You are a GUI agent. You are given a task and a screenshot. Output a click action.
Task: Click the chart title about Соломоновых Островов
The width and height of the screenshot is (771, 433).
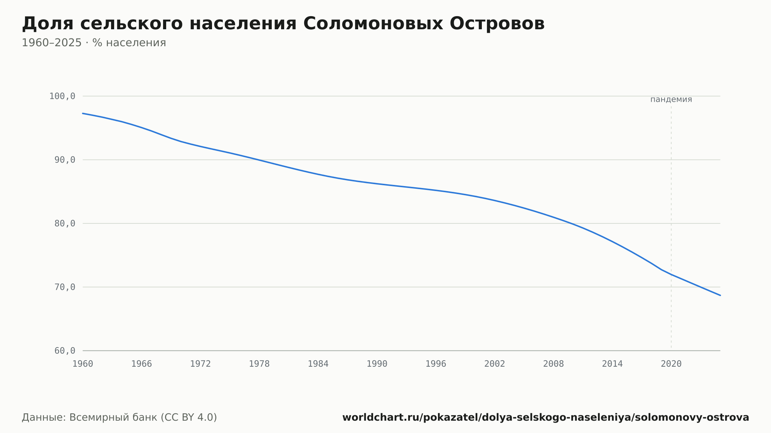tap(283, 23)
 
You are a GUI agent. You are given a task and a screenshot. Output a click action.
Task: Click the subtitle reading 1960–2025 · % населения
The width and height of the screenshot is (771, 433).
tap(94, 43)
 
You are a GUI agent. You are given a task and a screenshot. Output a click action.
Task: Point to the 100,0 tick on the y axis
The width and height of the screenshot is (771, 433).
tap(62, 96)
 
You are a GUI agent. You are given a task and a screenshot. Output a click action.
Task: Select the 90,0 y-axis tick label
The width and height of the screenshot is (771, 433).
tap(65, 160)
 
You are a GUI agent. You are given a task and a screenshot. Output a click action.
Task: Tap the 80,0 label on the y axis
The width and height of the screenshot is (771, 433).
tap(65, 223)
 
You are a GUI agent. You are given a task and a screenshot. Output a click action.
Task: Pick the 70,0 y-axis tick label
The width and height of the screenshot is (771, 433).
tap(65, 287)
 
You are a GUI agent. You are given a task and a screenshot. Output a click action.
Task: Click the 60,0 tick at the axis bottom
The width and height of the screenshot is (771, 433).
tap(65, 351)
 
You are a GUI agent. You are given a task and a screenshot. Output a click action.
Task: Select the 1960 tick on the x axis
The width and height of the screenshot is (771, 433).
tap(83, 364)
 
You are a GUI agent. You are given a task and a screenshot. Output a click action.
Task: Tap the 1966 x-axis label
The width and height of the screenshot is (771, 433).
tap(141, 364)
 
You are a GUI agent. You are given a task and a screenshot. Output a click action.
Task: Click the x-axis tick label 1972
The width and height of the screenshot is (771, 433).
tap(200, 364)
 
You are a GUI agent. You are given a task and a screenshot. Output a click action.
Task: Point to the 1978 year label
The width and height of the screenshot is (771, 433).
tap(259, 364)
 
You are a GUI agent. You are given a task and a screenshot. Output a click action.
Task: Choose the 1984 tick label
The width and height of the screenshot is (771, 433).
tap(318, 364)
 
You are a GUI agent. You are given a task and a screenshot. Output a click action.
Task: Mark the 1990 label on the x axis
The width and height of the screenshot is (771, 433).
tap(377, 364)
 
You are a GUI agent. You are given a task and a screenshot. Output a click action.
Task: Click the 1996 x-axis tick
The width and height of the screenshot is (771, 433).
tap(436, 364)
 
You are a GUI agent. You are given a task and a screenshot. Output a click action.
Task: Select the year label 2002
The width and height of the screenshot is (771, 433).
tap(495, 364)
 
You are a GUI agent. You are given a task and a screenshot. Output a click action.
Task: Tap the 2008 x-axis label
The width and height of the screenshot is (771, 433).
tap(554, 364)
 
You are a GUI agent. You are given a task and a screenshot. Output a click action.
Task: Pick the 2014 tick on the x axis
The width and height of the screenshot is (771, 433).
tap(613, 364)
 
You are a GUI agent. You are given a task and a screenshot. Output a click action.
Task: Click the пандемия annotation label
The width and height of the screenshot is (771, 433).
tap(671, 99)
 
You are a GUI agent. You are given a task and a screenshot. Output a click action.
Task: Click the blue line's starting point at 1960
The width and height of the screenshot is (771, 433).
tap(83, 113)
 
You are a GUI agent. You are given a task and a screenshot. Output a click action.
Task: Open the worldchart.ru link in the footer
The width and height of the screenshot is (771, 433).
tap(546, 417)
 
